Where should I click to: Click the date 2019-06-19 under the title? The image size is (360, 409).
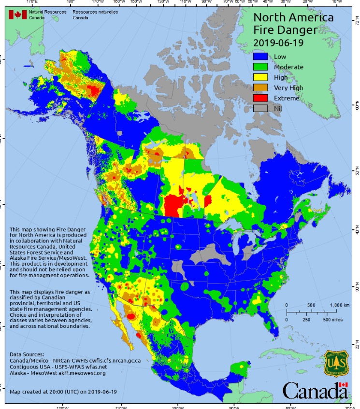(x=276, y=42)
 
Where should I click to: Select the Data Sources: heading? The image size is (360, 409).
(x=26, y=354)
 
